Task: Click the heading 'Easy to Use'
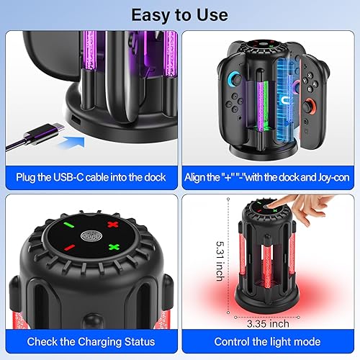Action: click(180, 14)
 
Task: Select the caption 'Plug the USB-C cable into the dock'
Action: click(91, 177)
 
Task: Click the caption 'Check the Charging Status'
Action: click(91, 341)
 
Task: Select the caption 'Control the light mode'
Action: click(269, 341)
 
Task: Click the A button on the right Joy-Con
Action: click(333, 86)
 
